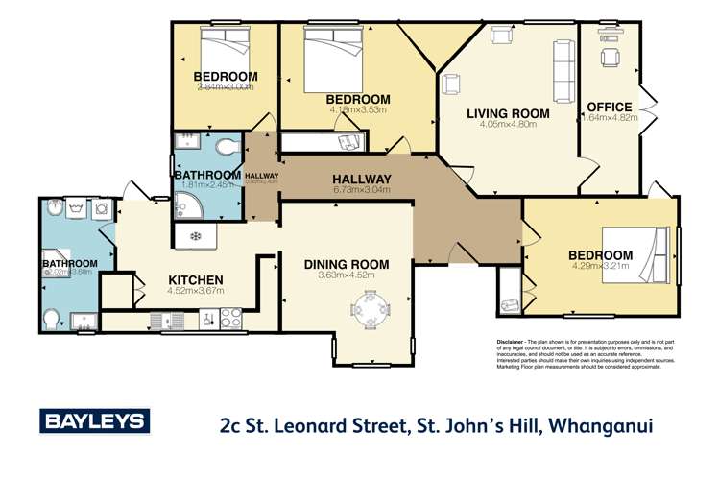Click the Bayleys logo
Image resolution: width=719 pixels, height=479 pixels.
pyautogui.click(x=93, y=420)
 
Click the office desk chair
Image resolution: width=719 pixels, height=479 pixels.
pyautogui.click(x=610, y=58)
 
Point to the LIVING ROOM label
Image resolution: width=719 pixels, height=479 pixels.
pyautogui.click(x=508, y=113)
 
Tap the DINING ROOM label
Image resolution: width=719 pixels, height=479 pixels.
pyautogui.click(x=347, y=264)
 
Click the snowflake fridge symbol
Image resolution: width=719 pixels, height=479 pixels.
pyautogui.click(x=196, y=235)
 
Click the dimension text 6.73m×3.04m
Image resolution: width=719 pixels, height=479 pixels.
pyautogui.click(x=361, y=190)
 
